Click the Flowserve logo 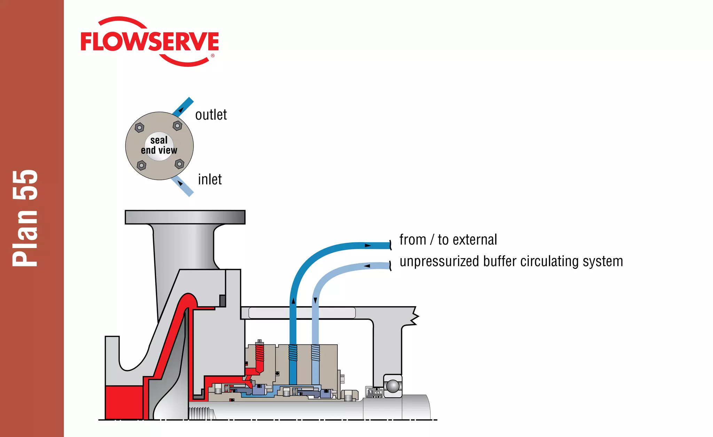point(150,42)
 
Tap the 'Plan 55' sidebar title point(25,218)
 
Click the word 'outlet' point(211,115)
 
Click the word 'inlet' point(210,180)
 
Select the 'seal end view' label point(159,145)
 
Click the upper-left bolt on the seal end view point(139,127)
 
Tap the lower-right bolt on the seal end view point(179,164)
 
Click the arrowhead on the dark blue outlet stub point(181,110)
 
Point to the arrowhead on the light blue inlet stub point(180,183)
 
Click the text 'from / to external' point(448,240)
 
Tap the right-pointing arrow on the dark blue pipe point(368,246)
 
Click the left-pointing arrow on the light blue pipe point(367,266)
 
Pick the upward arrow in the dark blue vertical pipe point(293,301)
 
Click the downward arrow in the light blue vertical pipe point(315,300)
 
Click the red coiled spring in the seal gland point(260,355)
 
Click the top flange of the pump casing point(185,217)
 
